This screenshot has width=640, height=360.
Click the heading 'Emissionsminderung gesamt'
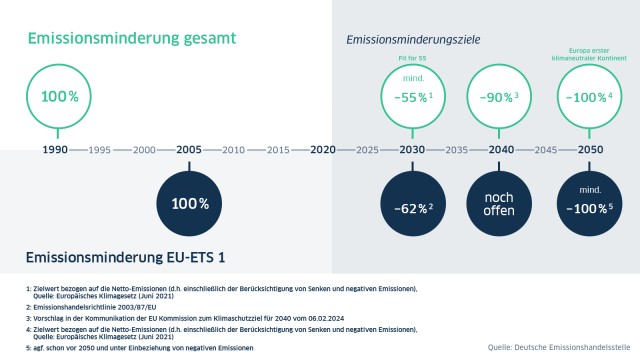point(131,39)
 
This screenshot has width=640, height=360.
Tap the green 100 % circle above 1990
point(57,96)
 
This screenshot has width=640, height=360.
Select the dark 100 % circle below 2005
point(189,203)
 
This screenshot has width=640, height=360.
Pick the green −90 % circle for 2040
point(499,96)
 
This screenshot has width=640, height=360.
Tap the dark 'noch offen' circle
point(499,203)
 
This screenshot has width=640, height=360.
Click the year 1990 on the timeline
point(56,150)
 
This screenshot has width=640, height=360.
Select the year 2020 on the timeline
point(322,150)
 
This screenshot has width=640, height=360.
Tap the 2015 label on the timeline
point(278,150)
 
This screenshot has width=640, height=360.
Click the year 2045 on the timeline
point(544,150)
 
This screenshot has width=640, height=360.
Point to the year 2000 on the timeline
point(145,150)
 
